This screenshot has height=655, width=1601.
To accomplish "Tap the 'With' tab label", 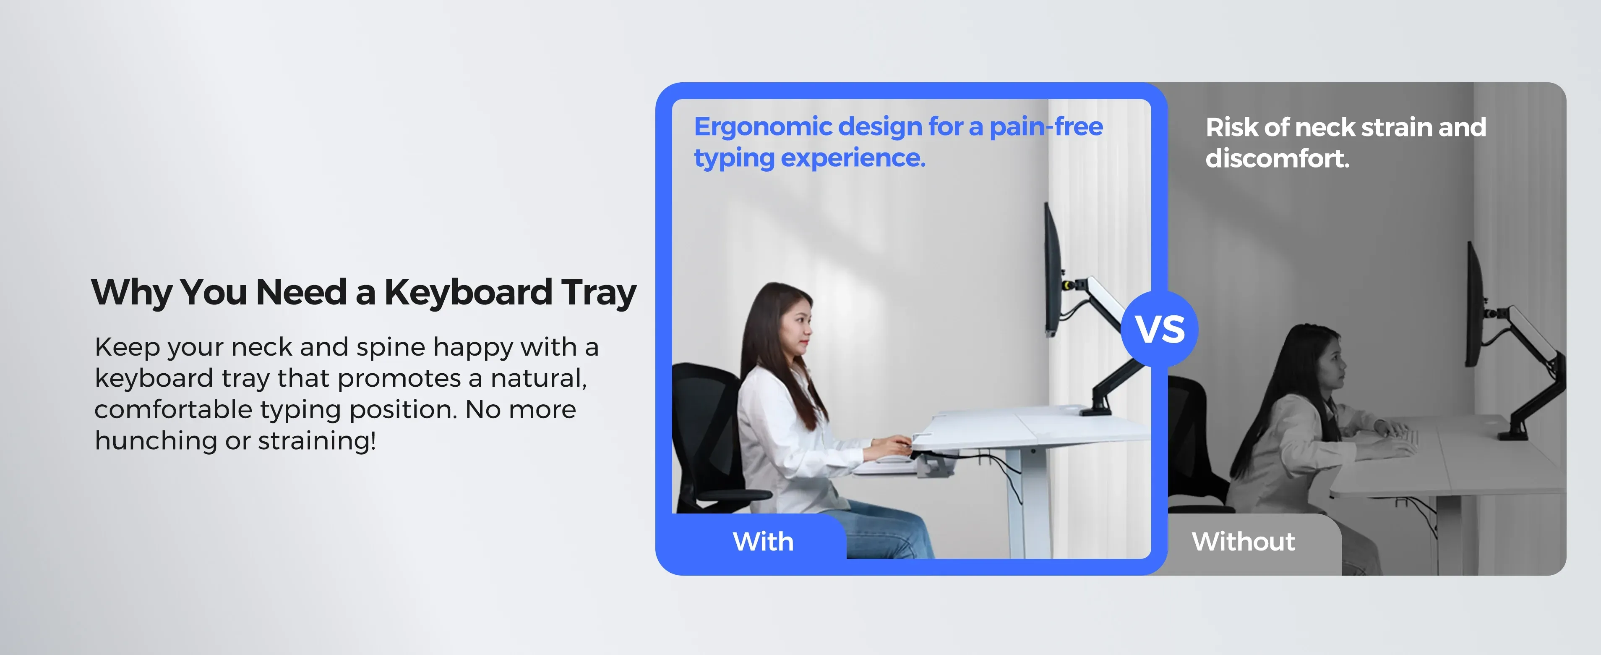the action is [x=763, y=541].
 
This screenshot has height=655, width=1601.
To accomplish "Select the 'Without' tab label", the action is [x=1243, y=541].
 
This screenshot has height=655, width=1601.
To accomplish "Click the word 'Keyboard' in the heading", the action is [x=468, y=292].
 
